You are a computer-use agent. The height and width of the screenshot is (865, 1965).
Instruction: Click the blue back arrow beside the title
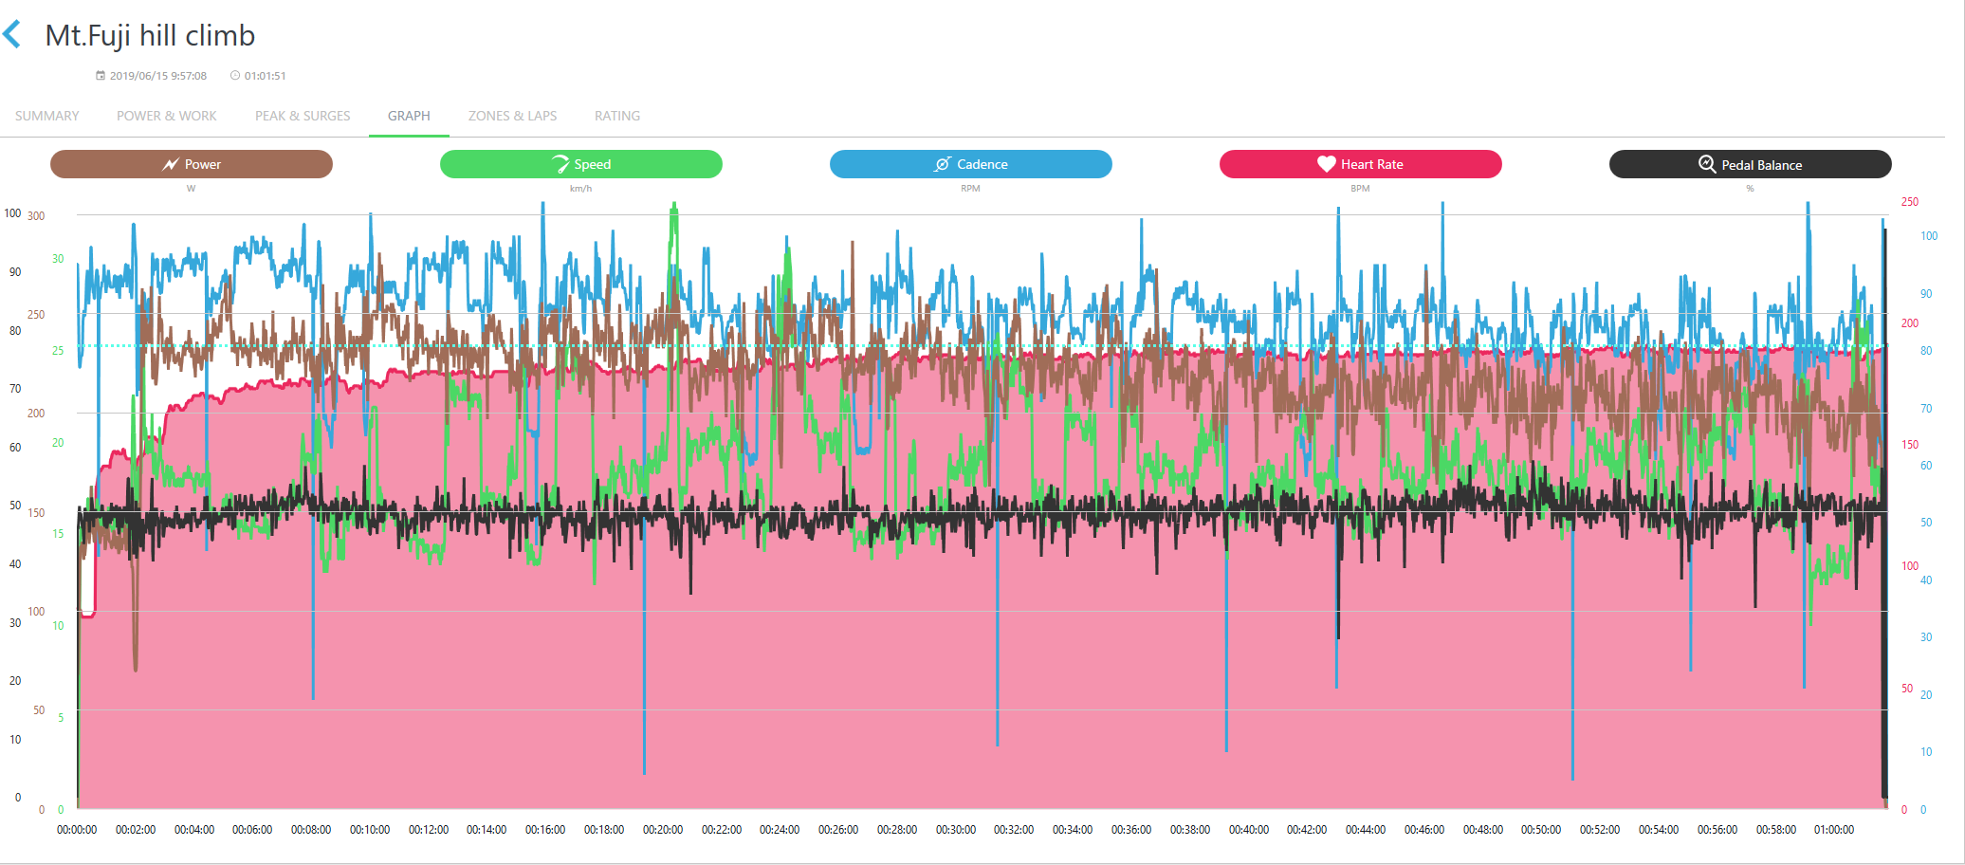click(12, 35)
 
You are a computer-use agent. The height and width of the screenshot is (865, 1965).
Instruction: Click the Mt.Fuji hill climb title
click(150, 36)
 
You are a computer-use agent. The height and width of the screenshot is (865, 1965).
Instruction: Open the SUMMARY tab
click(47, 116)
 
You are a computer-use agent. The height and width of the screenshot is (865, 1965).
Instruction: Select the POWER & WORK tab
click(167, 116)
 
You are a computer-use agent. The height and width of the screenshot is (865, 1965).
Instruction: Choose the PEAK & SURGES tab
click(303, 116)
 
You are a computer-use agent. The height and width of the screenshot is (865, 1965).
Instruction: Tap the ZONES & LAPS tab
click(512, 116)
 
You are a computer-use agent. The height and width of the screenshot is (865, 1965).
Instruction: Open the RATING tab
click(617, 116)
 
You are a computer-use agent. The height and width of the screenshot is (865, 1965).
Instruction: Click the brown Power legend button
click(192, 164)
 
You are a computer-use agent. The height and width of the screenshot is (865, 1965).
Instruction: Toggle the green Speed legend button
click(580, 164)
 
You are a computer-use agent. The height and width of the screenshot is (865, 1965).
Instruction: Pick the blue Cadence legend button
click(970, 164)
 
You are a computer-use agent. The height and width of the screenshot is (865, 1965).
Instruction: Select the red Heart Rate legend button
click(1360, 164)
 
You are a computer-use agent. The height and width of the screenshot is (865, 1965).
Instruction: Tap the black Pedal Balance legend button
click(1750, 164)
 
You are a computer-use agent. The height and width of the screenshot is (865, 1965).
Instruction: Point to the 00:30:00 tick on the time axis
click(956, 830)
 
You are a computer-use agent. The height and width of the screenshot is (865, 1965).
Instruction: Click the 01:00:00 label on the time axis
click(1834, 830)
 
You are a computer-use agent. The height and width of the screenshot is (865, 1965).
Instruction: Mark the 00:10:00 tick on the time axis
click(370, 830)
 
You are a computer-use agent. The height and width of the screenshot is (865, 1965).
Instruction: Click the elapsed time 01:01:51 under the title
click(265, 76)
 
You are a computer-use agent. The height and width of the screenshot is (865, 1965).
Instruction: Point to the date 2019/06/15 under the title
click(157, 76)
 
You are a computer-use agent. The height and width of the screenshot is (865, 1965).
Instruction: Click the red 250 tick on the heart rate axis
click(1909, 202)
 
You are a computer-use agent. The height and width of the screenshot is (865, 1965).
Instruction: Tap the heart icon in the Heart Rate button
click(1326, 164)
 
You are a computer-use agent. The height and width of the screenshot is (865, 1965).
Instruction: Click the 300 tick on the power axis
click(36, 216)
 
